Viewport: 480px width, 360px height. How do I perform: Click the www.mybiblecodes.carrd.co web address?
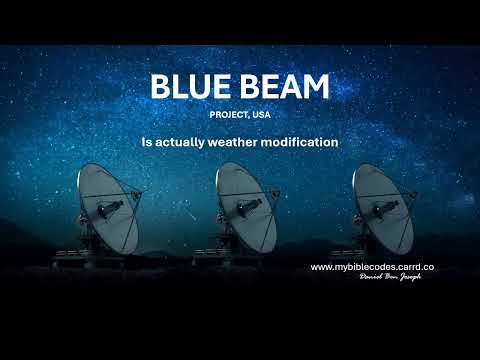(x=372, y=267)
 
